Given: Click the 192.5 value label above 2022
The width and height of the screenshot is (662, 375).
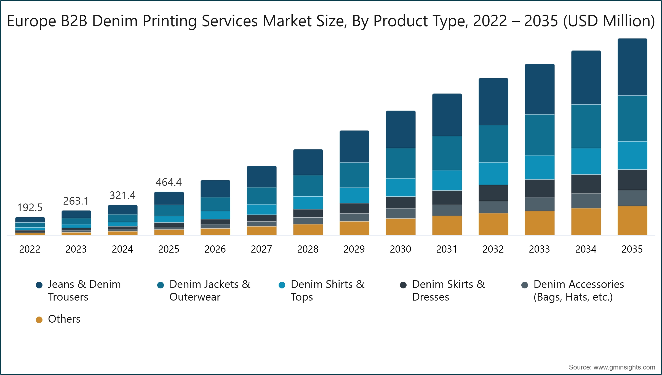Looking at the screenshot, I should [x=30, y=208].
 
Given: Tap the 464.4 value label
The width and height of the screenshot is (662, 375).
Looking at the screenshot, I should [x=169, y=182].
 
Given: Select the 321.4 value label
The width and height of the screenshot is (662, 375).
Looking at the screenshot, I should [x=122, y=195].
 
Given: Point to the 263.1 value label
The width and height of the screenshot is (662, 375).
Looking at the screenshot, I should [x=76, y=201].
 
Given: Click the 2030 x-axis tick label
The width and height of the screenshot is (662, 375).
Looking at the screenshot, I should [x=400, y=249].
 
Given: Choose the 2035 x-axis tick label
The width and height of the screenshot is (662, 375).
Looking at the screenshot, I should [x=632, y=249].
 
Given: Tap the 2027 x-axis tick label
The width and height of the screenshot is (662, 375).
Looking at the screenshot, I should [x=261, y=249].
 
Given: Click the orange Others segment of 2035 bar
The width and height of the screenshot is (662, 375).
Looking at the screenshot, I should [x=632, y=220].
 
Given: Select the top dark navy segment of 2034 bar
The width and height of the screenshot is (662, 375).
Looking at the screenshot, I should [x=586, y=77].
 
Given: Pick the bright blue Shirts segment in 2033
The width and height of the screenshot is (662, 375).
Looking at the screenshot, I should [x=540, y=167].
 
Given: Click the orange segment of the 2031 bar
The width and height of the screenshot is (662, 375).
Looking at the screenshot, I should [x=447, y=225].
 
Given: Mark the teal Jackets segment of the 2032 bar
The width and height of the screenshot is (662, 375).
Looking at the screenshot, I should [x=493, y=144].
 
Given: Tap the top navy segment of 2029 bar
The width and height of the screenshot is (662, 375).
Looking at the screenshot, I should [x=354, y=146].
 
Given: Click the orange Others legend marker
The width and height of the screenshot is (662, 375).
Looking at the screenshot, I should [x=39, y=320].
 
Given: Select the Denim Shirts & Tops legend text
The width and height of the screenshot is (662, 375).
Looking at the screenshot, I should [x=327, y=290].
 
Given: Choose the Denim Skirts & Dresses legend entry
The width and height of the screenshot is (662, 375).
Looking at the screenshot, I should [x=448, y=290].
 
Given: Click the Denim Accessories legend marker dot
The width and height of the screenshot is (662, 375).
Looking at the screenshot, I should [x=525, y=285].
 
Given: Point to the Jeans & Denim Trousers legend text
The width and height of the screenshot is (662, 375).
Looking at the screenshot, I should [x=84, y=290].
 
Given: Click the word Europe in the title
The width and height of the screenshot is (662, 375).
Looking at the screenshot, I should [x=31, y=21].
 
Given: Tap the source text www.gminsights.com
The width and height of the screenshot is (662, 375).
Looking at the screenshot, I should [x=624, y=367].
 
